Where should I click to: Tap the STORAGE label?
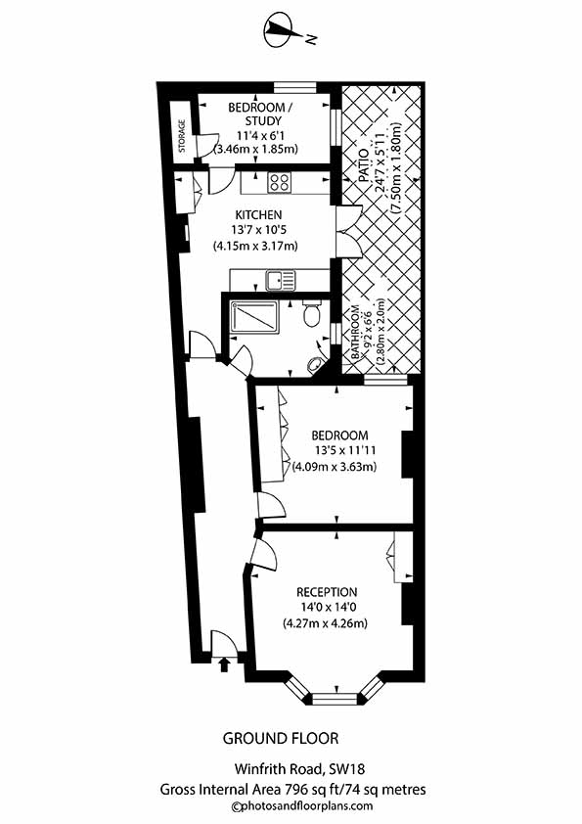[182, 137]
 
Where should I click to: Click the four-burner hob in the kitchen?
[279, 182]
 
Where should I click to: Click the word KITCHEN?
[259, 215]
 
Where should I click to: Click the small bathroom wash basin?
[315, 364]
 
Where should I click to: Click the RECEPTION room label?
[328, 592]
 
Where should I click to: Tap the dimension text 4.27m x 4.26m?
[325, 623]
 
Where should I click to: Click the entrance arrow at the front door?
[223, 665]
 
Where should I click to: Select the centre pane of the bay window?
[334, 698]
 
